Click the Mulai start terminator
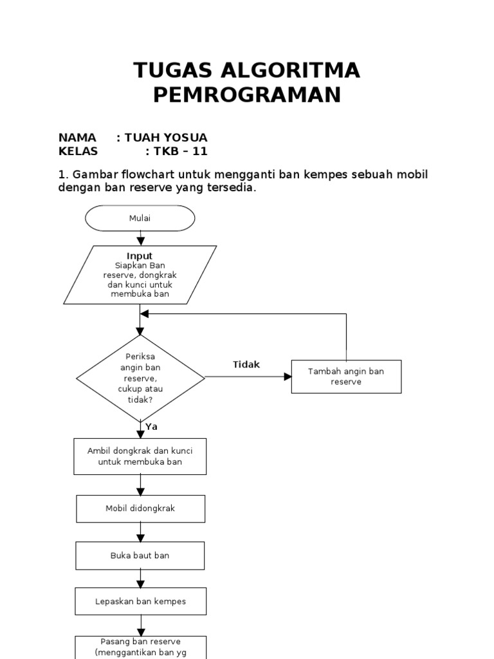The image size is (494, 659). click(140, 218)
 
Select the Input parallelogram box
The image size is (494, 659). click(140, 275)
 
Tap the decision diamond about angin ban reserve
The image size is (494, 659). click(140, 378)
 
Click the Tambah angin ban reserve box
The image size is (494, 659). click(346, 376)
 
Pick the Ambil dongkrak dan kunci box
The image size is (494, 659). click(140, 456)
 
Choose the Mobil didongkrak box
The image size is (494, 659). click(140, 508)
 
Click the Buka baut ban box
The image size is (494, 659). click(140, 555)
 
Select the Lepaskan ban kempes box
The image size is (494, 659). click(140, 602)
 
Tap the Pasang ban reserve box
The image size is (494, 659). click(140, 647)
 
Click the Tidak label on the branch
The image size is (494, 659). click(246, 364)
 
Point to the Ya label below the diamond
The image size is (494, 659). click(151, 427)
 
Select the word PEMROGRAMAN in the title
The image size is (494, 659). click(246, 95)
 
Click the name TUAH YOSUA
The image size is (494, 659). click(166, 138)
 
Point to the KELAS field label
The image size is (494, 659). click(78, 152)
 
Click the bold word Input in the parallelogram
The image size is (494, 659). click(140, 256)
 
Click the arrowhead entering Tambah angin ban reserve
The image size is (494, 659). click(288, 376)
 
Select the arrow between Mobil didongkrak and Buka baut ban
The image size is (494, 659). click(140, 532)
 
